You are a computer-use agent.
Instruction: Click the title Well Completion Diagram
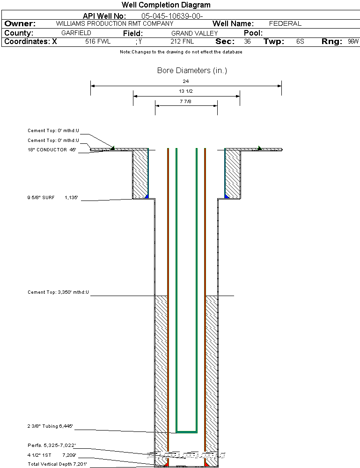[166, 5]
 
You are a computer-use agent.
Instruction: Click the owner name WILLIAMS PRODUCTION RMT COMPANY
[115, 23]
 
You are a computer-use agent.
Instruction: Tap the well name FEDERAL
[285, 23]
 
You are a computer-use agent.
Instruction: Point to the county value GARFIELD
[76, 33]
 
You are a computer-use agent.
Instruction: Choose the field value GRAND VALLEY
[194, 33]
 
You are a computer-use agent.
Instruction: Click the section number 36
[247, 42]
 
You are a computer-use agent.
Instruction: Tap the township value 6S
[300, 42]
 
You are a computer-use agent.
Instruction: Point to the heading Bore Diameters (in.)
[192, 71]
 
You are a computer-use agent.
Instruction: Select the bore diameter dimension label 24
[186, 81]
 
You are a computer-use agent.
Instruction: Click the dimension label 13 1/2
[186, 91]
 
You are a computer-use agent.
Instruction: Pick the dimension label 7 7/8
[186, 101]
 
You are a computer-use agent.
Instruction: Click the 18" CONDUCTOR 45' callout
[52, 150]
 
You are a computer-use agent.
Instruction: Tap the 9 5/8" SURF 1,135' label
[52, 198]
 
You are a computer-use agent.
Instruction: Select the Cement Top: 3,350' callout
[58, 292]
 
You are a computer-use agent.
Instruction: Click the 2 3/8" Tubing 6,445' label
[50, 426]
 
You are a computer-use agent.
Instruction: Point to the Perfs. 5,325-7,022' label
[51, 445]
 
